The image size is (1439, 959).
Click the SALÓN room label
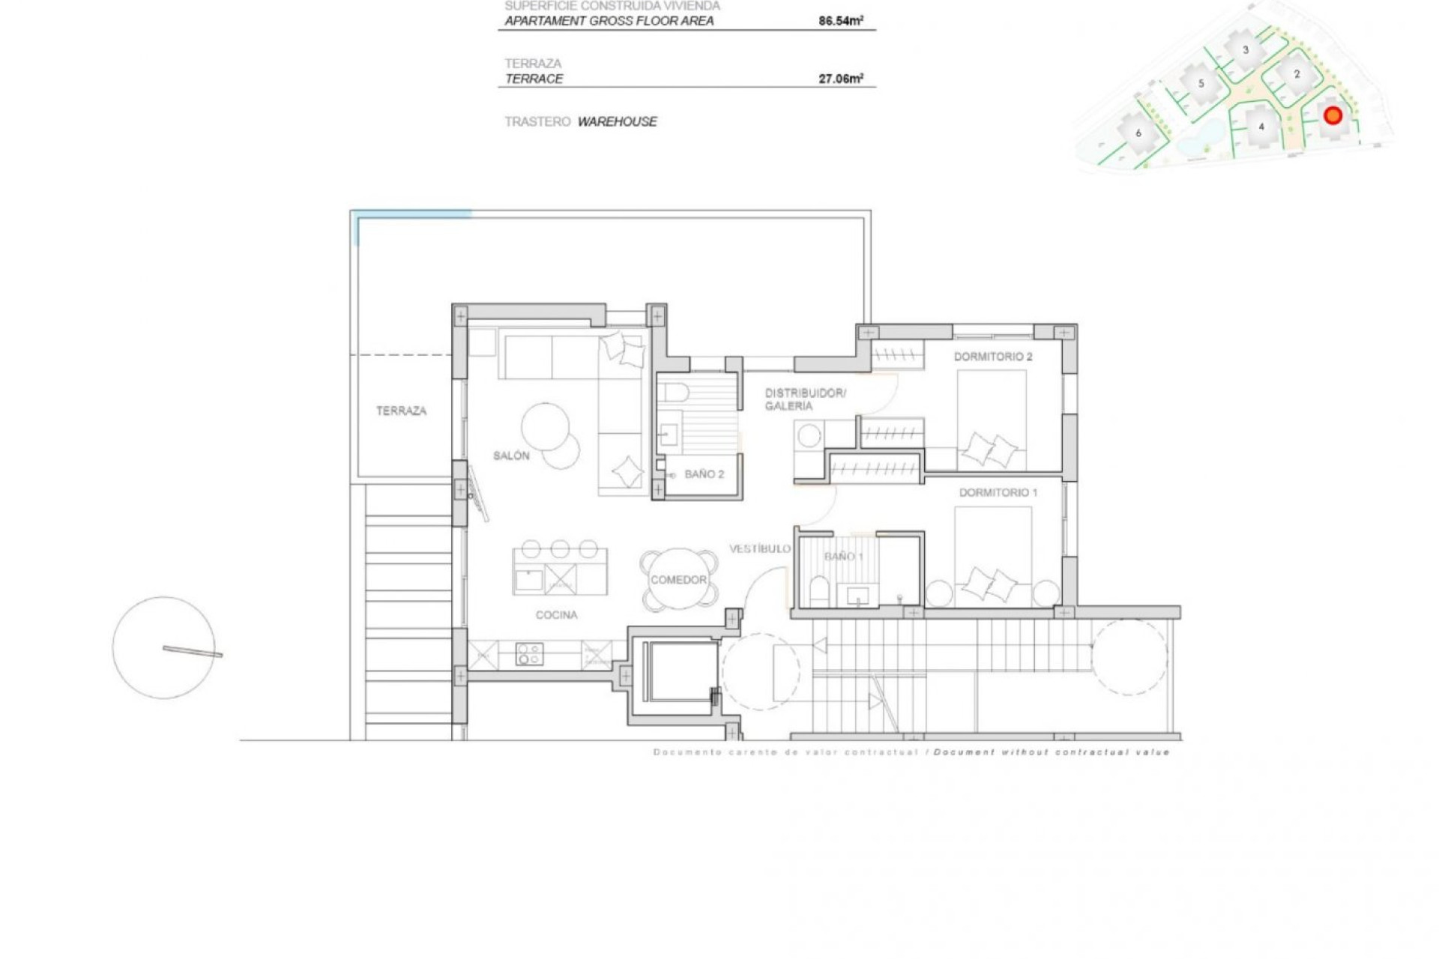coord(511,456)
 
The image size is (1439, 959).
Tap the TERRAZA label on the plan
coord(401,411)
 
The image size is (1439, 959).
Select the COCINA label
coord(556,615)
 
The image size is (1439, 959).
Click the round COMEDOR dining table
coord(678,580)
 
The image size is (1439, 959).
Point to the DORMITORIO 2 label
coord(992,357)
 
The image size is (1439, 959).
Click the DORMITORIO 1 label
coord(998,492)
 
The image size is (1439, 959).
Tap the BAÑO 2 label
coord(704,474)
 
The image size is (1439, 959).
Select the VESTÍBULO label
coord(759,548)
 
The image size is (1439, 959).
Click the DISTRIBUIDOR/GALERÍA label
coord(804,399)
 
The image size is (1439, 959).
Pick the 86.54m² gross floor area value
coord(840,21)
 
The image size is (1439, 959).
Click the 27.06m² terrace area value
coord(840,79)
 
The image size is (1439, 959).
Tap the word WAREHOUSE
coord(617,121)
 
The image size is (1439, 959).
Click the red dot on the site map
coord(1333,115)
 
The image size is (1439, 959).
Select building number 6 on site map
coord(1138,133)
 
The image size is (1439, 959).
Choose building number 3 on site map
coord(1246,50)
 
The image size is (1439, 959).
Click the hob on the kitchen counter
coord(529,654)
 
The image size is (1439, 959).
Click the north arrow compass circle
coord(164,648)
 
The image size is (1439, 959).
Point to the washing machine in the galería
coord(809,436)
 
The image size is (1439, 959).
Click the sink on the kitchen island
coord(528,580)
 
